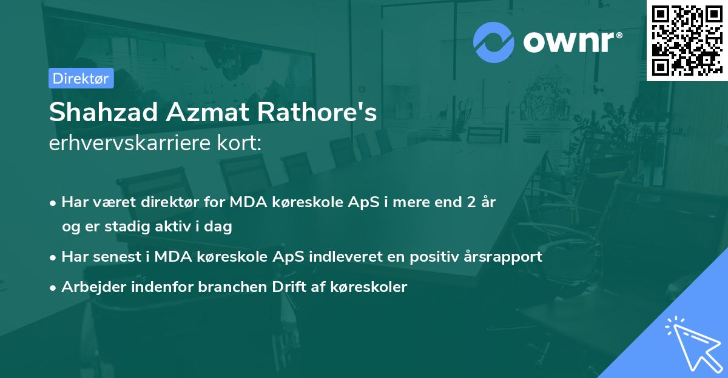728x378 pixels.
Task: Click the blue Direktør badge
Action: [x=81, y=78]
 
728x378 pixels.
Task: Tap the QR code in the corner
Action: [x=687, y=40]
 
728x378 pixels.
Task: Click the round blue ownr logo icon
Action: [x=494, y=42]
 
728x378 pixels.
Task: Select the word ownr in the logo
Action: [x=571, y=42]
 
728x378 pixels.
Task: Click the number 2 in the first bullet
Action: [x=470, y=202]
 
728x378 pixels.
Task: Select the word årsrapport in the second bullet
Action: [x=505, y=257]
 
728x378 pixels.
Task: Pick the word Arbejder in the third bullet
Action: [x=89, y=287]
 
